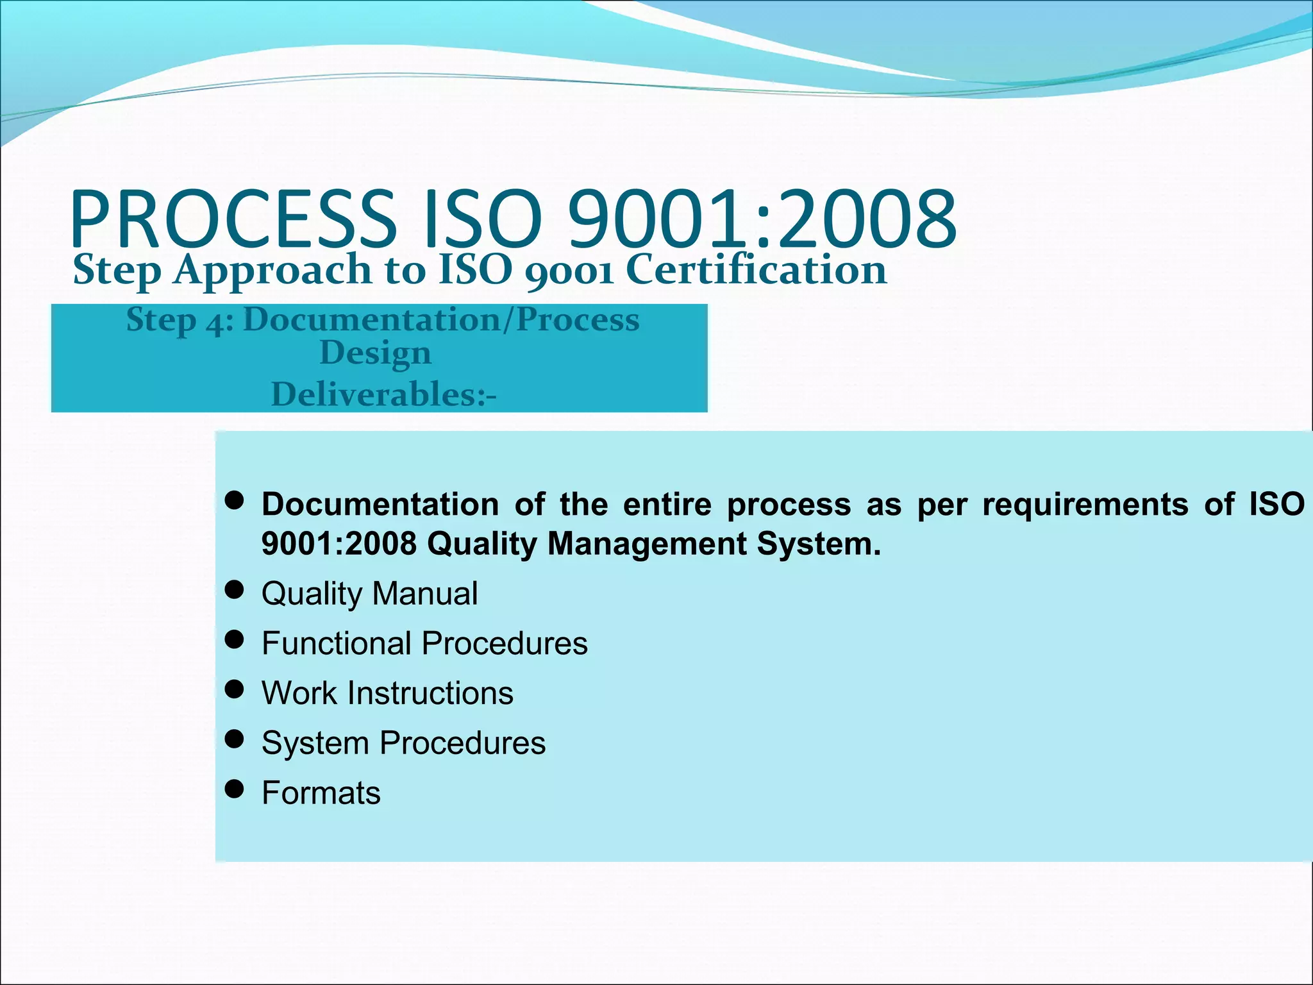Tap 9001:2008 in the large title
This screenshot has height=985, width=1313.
point(763,219)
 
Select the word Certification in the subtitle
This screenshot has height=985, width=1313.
point(756,269)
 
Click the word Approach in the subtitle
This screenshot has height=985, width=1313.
point(273,271)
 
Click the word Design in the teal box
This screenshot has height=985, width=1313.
point(376,353)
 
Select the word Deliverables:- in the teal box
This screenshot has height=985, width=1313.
point(383,394)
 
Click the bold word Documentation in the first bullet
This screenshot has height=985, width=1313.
point(380,504)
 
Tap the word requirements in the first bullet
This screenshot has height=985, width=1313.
point(1085,504)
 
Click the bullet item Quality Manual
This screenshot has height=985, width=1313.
point(370,593)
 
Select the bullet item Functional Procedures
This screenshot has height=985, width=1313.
point(424,643)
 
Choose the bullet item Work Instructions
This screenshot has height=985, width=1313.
point(387,693)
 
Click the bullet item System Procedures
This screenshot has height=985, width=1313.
point(403,743)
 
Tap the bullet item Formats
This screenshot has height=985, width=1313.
point(321,793)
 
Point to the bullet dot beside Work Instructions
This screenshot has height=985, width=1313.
point(235,689)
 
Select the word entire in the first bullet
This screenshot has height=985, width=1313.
point(667,504)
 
